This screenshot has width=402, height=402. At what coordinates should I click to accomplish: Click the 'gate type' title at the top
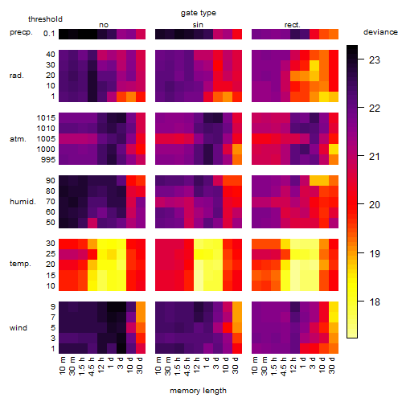click(x=199, y=13)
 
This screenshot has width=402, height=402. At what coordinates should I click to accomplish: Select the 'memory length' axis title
click(x=198, y=391)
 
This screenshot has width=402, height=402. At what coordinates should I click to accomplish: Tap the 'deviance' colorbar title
click(x=380, y=32)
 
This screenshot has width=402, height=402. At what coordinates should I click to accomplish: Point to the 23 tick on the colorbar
click(x=375, y=60)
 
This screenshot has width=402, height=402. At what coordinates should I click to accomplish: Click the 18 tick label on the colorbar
click(x=375, y=302)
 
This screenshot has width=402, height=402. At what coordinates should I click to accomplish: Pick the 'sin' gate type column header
click(x=198, y=25)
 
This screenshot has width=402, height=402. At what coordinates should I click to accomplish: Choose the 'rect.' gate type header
click(x=292, y=25)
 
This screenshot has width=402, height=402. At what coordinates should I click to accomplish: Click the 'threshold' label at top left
click(x=45, y=19)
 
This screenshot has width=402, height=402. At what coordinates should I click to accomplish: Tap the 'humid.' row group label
click(x=23, y=202)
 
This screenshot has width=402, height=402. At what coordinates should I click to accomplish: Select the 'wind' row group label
click(x=18, y=328)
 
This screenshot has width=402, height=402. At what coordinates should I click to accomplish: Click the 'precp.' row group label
click(x=21, y=33)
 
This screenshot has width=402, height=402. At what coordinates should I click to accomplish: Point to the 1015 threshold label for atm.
click(x=46, y=118)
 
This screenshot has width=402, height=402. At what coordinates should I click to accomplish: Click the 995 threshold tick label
click(x=48, y=160)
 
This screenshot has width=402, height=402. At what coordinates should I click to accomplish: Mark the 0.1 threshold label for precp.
click(x=49, y=34)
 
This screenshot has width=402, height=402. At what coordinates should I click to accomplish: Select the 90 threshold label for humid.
click(x=51, y=181)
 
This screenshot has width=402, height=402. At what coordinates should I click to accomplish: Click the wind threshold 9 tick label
click(x=53, y=307)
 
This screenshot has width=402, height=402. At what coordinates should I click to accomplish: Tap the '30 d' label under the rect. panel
click(x=332, y=365)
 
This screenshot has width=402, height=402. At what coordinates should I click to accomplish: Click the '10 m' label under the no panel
click(x=62, y=366)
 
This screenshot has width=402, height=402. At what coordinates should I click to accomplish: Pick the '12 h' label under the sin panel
click(x=197, y=365)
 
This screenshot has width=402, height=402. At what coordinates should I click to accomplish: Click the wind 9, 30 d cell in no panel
click(x=141, y=307)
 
